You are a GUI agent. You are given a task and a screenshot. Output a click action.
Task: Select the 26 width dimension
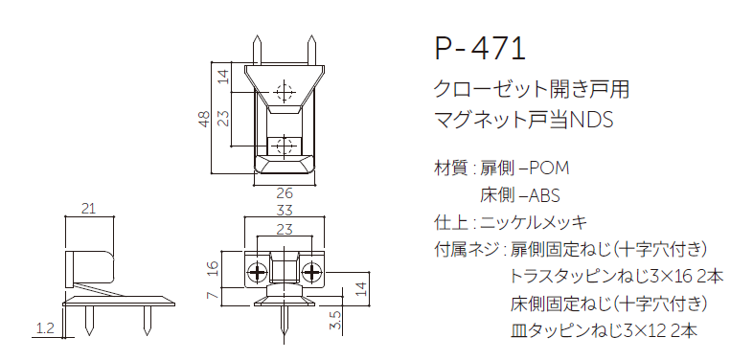(284, 192)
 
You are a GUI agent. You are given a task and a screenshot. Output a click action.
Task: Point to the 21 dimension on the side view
(88, 209)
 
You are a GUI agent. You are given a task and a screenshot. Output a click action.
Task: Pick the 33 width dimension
(284, 210)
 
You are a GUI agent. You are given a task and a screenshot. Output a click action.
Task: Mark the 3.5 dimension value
(333, 319)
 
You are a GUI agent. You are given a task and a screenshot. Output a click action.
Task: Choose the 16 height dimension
(213, 269)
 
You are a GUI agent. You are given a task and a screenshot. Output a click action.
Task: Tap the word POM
(548, 169)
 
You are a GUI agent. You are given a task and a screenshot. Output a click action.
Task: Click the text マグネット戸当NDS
(523, 122)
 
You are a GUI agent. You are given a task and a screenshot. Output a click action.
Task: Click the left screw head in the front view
(258, 273)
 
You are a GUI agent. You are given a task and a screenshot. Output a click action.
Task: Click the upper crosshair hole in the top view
(283, 92)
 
